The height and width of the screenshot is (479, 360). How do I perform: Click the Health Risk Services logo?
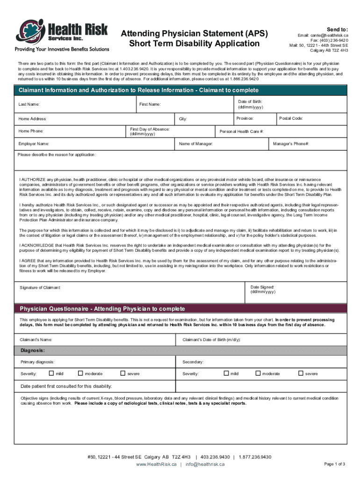coord(62,35)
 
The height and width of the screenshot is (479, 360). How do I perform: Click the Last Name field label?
coord(29,104)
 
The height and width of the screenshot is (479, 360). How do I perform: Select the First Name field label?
coord(150,104)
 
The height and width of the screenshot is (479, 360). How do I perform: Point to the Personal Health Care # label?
coord(242,131)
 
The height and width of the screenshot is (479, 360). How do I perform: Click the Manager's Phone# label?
coord(291,144)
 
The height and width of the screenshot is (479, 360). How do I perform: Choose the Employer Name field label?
coord(34,144)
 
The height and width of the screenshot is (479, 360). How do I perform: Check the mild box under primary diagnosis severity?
coord(51,373)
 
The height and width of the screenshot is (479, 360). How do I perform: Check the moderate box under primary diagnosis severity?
coord(80,373)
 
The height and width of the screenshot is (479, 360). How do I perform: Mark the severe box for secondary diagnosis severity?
coord(301,373)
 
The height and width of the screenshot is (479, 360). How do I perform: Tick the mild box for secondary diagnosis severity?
coord(226,373)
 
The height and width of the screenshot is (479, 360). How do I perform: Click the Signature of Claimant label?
coord(40,287)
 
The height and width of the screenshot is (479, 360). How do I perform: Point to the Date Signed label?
coord(263,287)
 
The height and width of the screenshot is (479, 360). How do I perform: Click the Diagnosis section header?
coord(32,350)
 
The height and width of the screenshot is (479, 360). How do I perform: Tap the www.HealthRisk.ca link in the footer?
coord(156,464)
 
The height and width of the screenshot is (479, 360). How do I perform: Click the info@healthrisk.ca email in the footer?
coord(205,464)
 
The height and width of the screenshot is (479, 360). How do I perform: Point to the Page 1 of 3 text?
coord(334,464)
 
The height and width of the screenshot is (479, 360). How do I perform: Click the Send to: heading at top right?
coord(337,29)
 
